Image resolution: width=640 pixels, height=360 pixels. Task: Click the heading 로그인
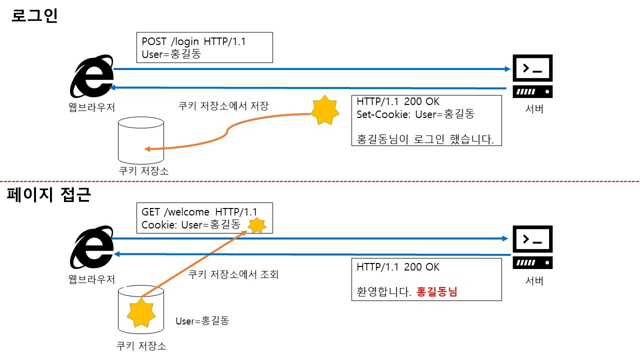pos(34,16)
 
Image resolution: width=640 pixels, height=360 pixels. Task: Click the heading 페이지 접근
pos(48,194)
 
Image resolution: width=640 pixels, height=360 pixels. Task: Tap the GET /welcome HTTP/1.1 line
pos(199,211)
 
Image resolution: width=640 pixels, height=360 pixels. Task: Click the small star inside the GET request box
pos(257,225)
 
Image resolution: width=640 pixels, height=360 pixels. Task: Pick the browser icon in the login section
pos(92,76)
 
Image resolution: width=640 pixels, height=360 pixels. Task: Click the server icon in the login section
pos(532,75)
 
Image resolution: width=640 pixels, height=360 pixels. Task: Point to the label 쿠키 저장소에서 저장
pos(223,106)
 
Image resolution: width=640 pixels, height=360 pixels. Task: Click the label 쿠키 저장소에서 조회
pos(233,274)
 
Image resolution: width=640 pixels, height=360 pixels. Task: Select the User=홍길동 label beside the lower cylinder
pos(202,321)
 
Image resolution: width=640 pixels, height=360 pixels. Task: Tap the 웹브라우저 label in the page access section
pos(92,279)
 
